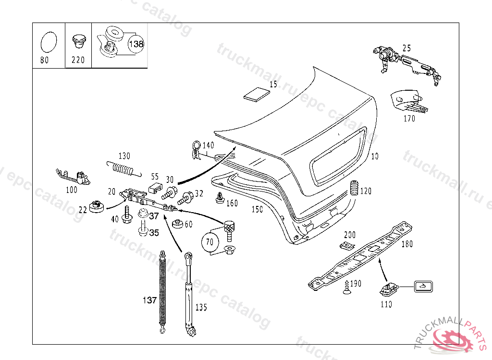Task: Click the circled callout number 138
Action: click(136, 44)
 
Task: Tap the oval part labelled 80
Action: click(48, 42)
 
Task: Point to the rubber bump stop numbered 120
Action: click(354, 189)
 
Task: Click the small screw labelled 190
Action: click(346, 287)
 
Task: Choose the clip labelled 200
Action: click(345, 246)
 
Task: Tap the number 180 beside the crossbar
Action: click(406, 244)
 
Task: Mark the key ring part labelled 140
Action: click(196, 150)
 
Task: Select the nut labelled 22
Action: click(97, 206)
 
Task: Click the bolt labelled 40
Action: click(127, 214)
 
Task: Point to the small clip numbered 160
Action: click(220, 198)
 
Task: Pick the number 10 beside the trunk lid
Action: click(375, 156)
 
